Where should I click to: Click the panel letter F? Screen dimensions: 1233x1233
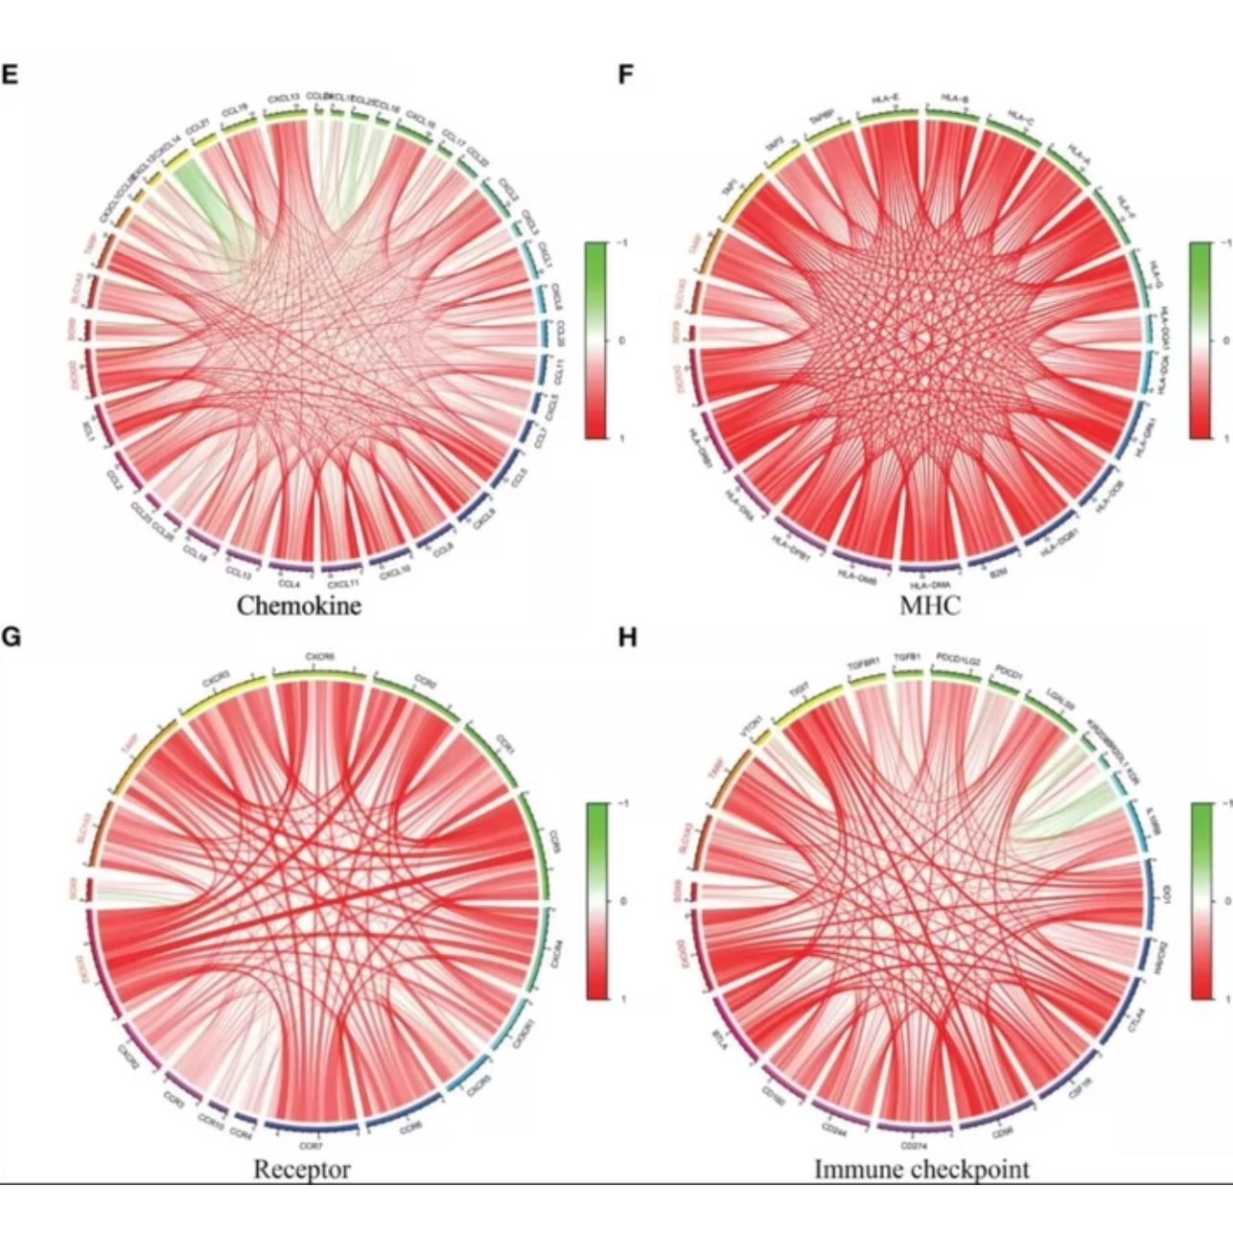(x=626, y=74)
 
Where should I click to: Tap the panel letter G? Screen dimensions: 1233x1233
(x=11, y=637)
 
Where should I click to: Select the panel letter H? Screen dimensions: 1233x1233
(x=627, y=637)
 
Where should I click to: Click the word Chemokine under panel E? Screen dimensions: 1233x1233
(x=299, y=606)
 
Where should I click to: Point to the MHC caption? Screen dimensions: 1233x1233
(x=930, y=606)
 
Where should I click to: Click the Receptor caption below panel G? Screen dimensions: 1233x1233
(x=302, y=1170)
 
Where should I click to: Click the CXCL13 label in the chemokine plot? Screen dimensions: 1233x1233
(x=284, y=98)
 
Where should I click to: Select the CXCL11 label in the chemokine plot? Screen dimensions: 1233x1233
(x=342, y=583)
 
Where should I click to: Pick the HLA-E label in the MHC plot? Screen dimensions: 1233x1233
(x=885, y=98)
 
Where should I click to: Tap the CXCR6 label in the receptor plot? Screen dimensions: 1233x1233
(x=319, y=657)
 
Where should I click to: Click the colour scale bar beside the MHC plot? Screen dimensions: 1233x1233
(x=1199, y=340)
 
